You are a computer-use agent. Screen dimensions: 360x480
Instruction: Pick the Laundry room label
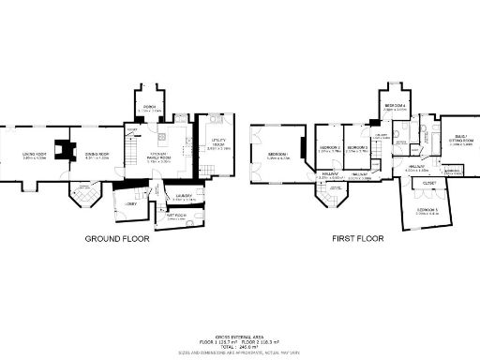click(183, 196)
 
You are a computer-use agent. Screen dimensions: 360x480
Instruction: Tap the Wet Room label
click(175, 216)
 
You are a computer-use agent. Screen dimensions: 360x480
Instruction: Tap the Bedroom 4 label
click(395, 106)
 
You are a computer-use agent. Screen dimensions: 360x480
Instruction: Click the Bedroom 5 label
click(427, 209)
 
